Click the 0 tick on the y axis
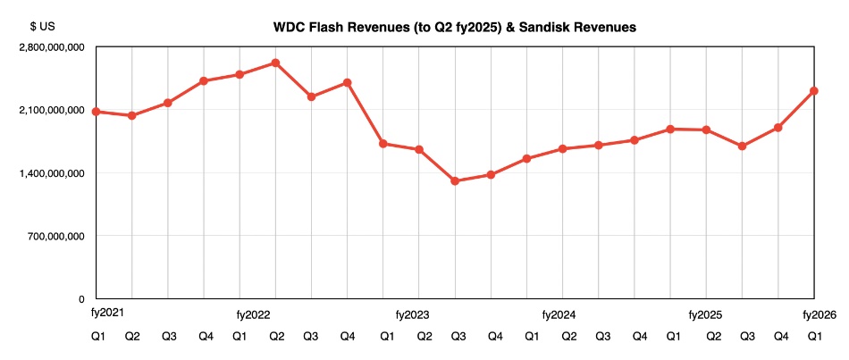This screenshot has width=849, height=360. (x=80, y=299)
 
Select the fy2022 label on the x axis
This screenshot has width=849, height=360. (x=254, y=315)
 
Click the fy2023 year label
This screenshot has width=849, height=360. (x=412, y=315)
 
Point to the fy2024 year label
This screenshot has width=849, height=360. (x=559, y=315)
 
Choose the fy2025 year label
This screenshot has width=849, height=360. (x=705, y=315)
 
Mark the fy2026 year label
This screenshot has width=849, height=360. (x=819, y=314)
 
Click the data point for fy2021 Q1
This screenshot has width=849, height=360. (x=96, y=112)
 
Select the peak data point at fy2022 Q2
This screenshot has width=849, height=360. (x=275, y=63)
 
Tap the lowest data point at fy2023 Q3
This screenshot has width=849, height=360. (x=455, y=181)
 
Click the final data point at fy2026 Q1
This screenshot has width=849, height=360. (x=814, y=90)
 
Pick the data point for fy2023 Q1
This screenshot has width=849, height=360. (x=383, y=144)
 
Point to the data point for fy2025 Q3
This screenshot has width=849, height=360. (x=742, y=146)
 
